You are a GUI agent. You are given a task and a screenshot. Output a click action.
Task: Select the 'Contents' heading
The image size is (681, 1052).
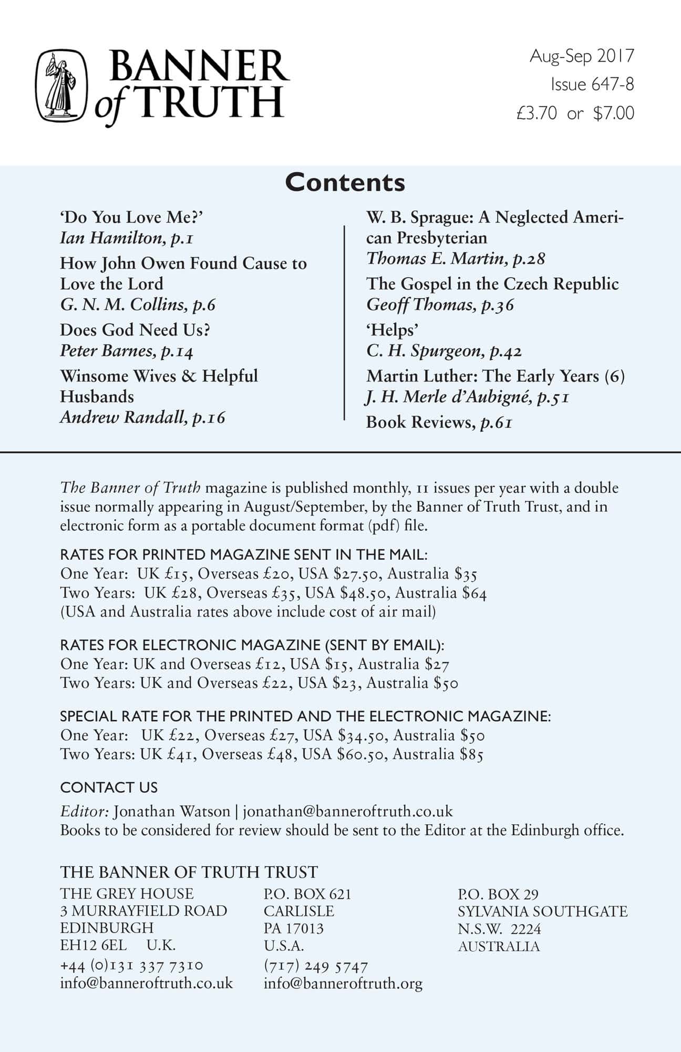tap(345, 183)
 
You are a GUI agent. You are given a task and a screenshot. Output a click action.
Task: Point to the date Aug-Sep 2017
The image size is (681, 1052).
tap(582, 56)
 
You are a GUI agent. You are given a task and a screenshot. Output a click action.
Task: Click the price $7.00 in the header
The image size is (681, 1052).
tap(613, 113)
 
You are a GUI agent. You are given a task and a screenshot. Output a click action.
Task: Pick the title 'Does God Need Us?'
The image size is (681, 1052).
tap(135, 330)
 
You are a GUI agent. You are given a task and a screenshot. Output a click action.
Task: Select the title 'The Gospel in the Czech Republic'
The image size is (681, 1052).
tap(492, 284)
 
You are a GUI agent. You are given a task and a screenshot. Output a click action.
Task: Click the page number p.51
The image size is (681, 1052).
tap(553, 397)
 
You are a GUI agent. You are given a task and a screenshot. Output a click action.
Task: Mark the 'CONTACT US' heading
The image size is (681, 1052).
tap(109, 787)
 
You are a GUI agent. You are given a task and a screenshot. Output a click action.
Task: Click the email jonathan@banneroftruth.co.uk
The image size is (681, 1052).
tap(347, 811)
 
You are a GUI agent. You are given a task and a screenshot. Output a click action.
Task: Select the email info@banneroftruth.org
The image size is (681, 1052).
tap(343, 983)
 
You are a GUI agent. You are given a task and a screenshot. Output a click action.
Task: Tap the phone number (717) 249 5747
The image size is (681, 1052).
tap(316, 966)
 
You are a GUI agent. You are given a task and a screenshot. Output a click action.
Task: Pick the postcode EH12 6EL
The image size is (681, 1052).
tap(94, 945)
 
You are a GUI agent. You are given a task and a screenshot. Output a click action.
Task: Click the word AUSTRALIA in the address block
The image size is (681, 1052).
tap(498, 946)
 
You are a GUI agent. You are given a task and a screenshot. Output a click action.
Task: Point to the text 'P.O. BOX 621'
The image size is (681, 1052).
tap(307, 894)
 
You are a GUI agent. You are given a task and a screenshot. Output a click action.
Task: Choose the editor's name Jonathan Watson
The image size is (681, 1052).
tap(172, 811)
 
